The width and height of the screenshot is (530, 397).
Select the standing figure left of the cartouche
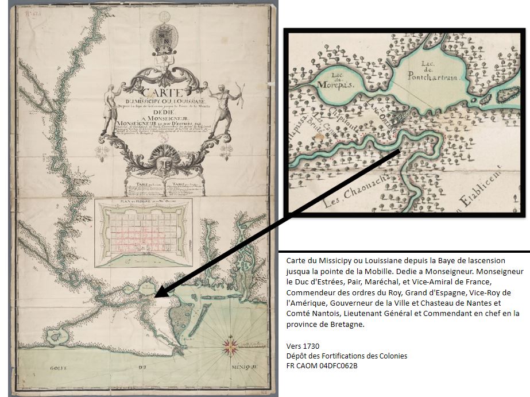(109, 109)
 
